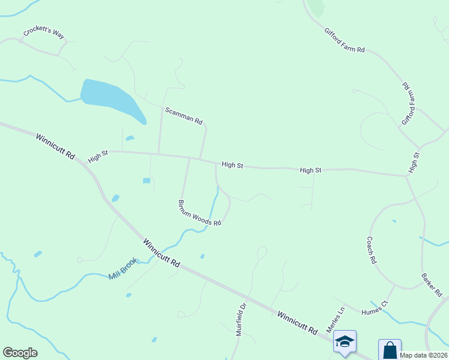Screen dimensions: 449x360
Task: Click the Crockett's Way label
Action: click(x=44, y=34)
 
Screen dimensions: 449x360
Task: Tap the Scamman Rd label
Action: click(x=184, y=115)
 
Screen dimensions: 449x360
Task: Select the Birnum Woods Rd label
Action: click(x=200, y=213)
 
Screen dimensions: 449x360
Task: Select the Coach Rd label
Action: click(x=372, y=250)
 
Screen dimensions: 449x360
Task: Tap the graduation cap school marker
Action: click(x=345, y=341)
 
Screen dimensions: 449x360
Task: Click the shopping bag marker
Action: click(x=389, y=350)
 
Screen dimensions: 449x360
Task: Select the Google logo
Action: click(x=20, y=353)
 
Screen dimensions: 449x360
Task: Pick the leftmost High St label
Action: click(x=97, y=157)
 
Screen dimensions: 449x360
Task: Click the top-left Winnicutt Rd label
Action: click(x=55, y=146)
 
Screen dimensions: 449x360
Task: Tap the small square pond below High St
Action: click(x=146, y=181)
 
